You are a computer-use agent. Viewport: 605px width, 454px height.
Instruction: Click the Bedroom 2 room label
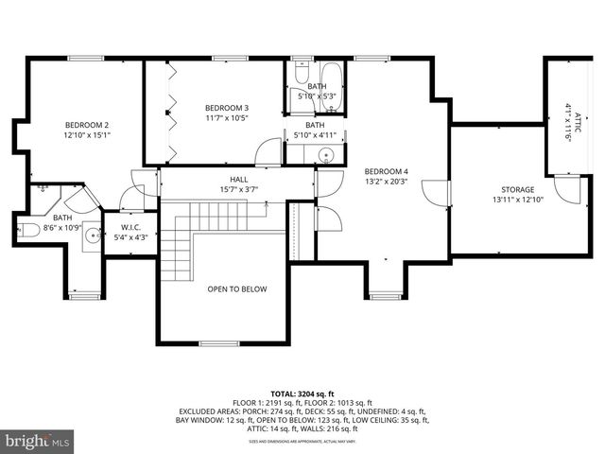pos(86,125)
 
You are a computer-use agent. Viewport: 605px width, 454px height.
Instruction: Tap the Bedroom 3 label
pos(227,107)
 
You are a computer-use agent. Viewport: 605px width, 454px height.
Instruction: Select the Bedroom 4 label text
pos(386,171)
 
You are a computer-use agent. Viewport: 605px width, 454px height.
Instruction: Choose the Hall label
pos(238,179)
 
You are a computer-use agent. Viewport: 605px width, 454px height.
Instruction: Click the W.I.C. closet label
pos(124,226)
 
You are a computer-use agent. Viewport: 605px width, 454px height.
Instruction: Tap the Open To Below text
pos(237,289)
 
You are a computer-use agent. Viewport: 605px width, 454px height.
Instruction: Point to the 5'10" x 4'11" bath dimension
pos(315,134)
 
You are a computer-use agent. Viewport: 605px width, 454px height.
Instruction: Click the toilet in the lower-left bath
pos(27,230)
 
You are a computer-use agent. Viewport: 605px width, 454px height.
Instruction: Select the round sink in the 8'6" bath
pos(91,236)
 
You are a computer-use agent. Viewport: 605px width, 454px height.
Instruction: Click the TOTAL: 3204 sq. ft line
pos(302,393)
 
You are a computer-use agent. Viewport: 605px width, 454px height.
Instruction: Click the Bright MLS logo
pos(38,441)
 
